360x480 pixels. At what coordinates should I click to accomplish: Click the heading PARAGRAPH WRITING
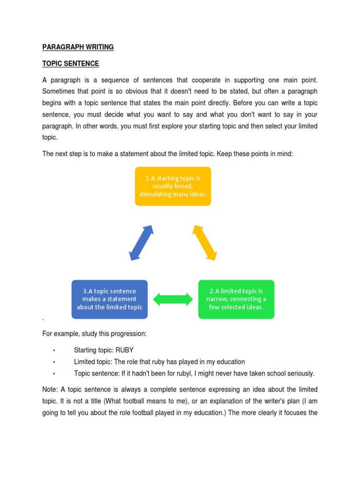pyautogui.click(x=78, y=47)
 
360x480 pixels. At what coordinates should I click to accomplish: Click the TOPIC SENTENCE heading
pyautogui.click(x=71, y=63)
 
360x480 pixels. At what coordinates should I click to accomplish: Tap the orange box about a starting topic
pyautogui.click(x=173, y=186)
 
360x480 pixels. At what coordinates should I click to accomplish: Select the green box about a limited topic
pyautogui.click(x=236, y=299)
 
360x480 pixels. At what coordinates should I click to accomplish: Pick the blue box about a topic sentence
pyautogui.click(x=110, y=299)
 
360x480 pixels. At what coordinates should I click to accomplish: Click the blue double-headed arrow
pyautogui.click(x=142, y=242)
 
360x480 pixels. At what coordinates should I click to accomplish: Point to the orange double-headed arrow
pyautogui.click(x=205, y=242)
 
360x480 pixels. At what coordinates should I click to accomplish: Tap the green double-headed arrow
pyautogui.click(x=173, y=299)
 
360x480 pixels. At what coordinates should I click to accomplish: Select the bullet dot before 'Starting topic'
pyautogui.click(x=54, y=350)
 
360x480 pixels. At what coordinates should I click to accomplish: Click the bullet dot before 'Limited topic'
pyautogui.click(x=54, y=362)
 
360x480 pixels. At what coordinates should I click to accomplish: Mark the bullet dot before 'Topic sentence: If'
pyautogui.click(x=54, y=374)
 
